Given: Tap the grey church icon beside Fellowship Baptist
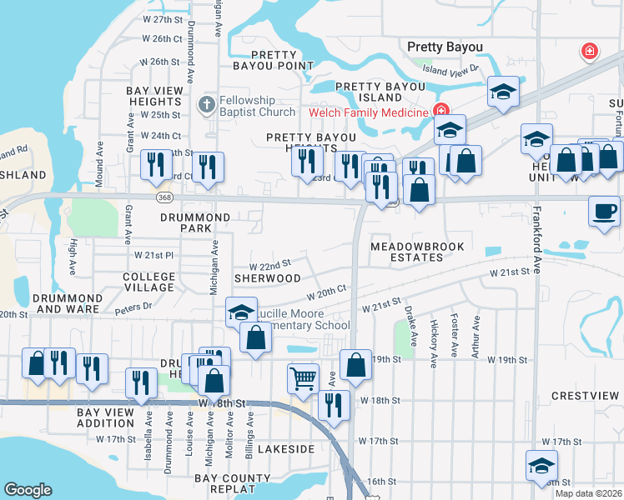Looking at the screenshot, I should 206,105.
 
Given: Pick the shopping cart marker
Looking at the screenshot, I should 303,377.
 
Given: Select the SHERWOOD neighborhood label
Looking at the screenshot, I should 267,277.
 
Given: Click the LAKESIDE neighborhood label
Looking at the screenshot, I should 285,449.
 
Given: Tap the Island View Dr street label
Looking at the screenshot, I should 450,71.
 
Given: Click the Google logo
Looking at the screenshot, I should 28,490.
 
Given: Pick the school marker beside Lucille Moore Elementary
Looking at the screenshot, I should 242,312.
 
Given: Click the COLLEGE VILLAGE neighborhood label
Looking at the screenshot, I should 149,282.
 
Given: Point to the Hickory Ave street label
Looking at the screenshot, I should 434,343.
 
